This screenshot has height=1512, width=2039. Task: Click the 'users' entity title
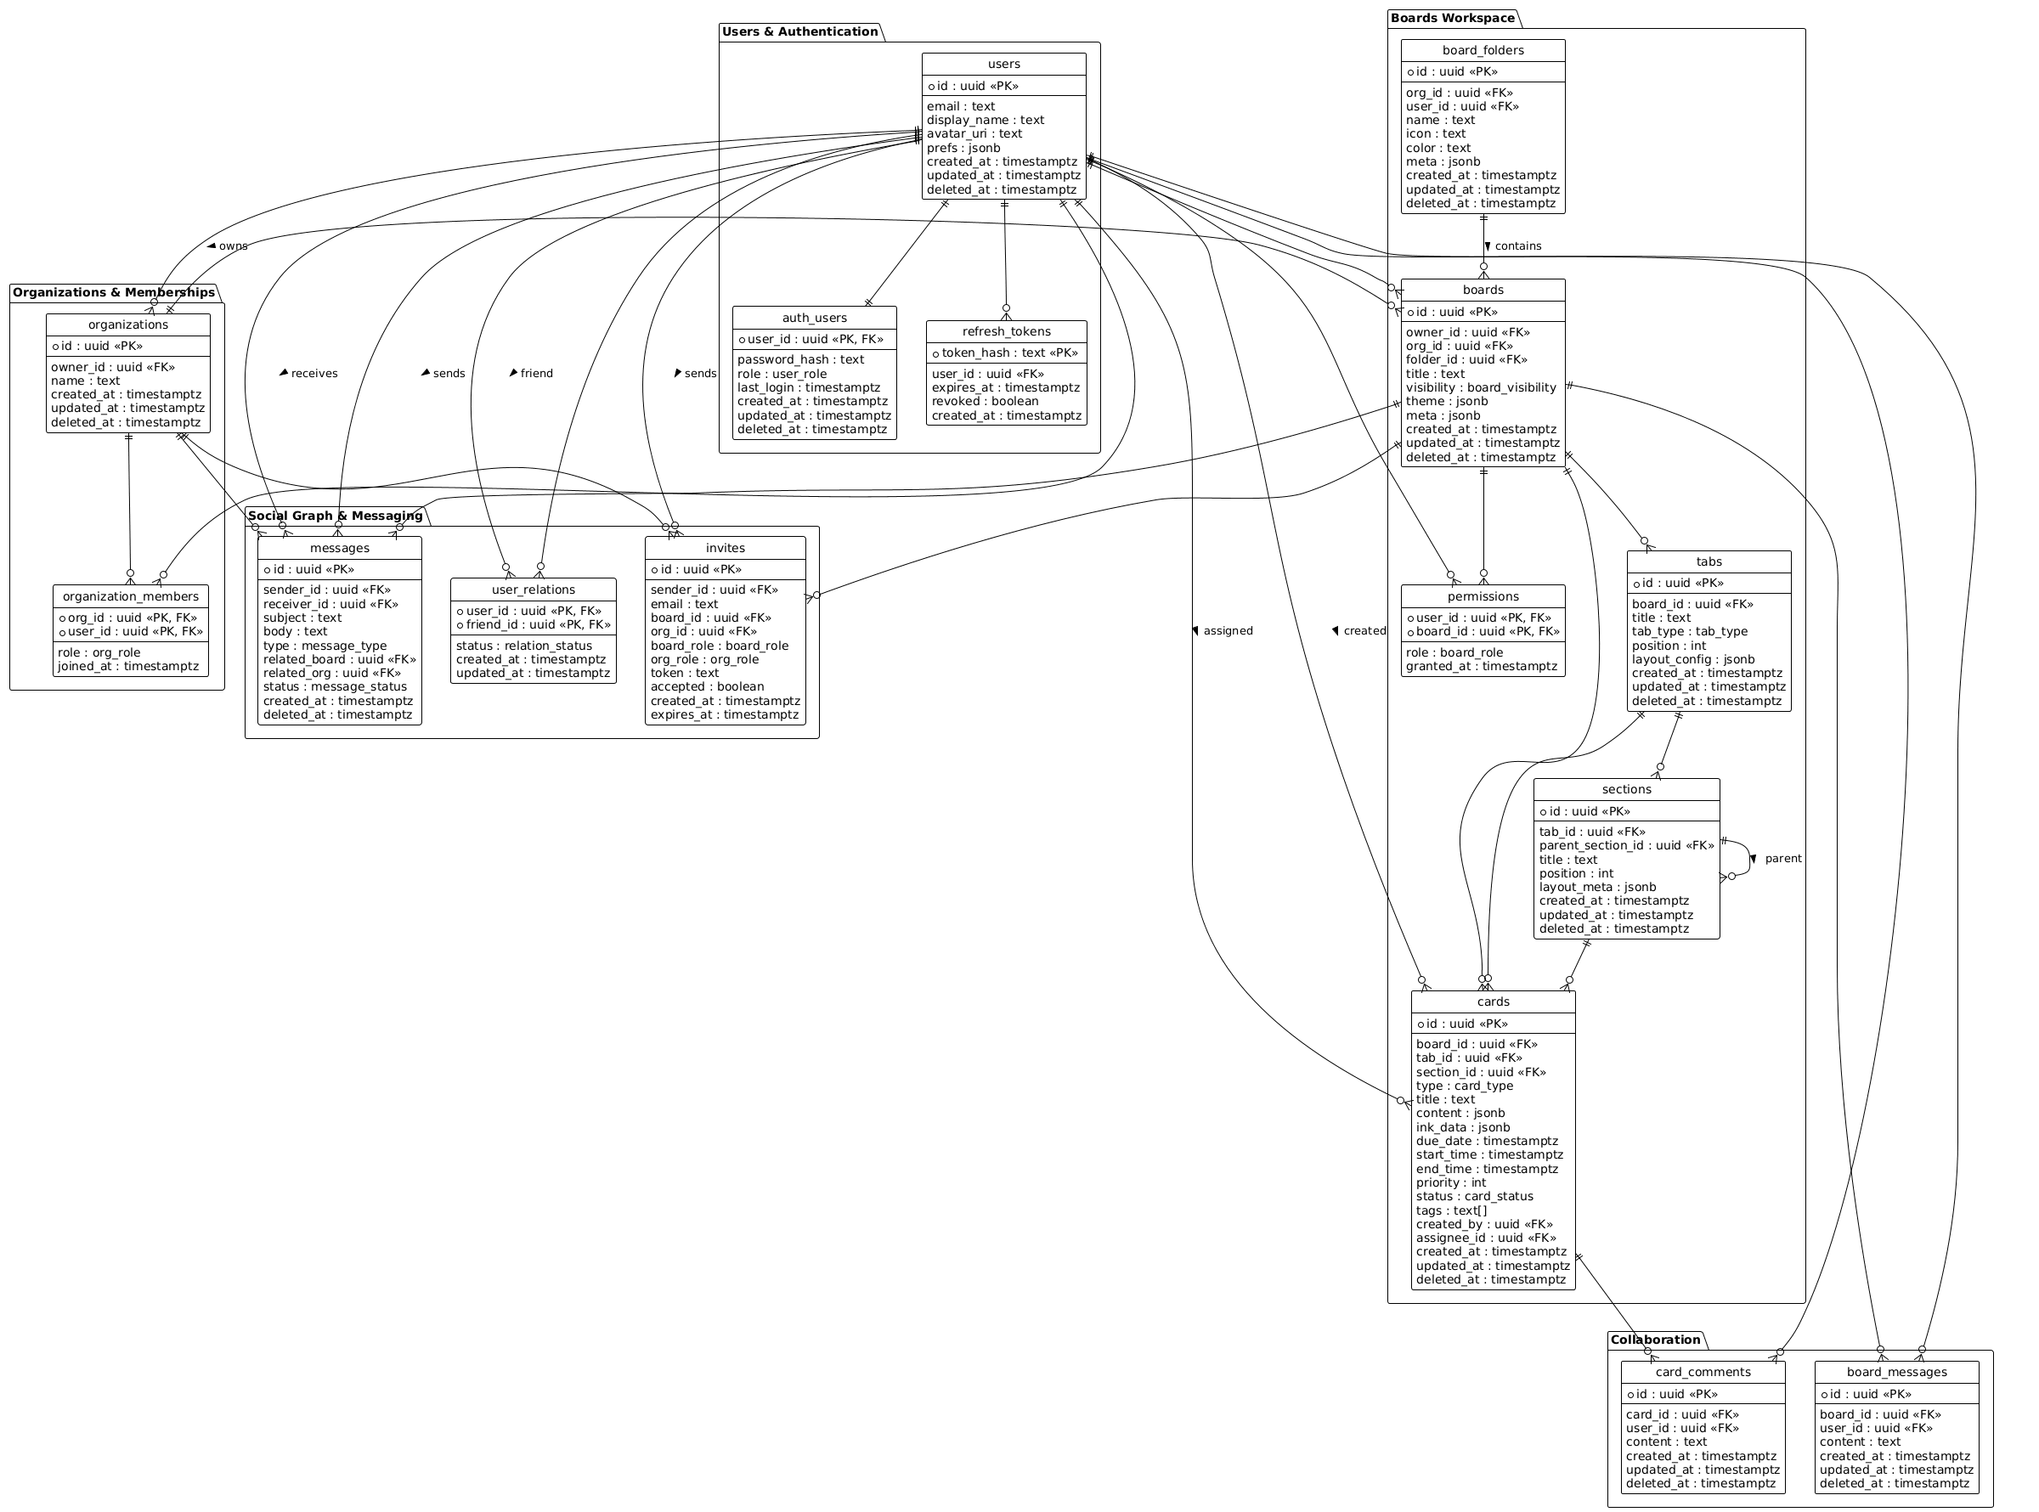tap(1003, 64)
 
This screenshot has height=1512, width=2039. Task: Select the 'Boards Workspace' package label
tap(1451, 17)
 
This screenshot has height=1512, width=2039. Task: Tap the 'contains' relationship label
tap(1517, 246)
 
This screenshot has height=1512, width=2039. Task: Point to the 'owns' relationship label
tap(233, 246)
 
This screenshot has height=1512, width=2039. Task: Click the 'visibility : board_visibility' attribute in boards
tap(1481, 388)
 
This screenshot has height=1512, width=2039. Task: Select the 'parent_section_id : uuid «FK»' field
tap(1626, 846)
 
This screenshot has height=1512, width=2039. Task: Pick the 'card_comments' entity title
tap(1703, 1373)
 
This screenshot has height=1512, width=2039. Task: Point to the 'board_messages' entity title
tap(1896, 1373)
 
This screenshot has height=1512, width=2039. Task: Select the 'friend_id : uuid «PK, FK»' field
tap(538, 625)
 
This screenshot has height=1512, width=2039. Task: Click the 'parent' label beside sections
tap(1782, 859)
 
